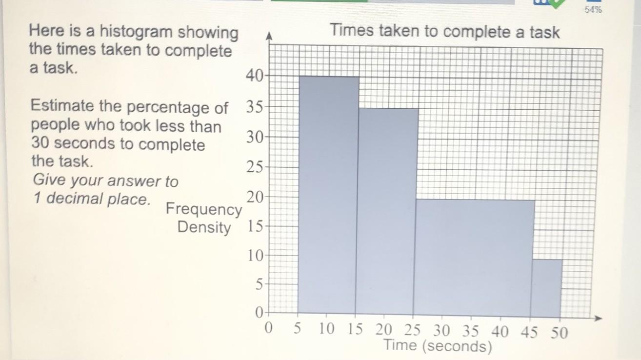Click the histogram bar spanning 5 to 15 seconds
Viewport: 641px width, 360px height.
tap(328, 195)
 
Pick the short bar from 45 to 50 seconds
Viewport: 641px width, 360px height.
tap(546, 288)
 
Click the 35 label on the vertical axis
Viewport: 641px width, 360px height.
tap(254, 106)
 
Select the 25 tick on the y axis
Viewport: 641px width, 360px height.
tap(254, 167)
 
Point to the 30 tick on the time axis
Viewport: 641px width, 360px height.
tap(442, 332)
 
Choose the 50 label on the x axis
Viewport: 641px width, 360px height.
tap(559, 333)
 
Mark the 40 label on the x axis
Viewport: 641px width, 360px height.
tap(500, 332)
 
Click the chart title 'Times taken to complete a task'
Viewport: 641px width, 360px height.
tap(445, 32)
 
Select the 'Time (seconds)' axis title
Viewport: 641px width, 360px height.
tap(437, 346)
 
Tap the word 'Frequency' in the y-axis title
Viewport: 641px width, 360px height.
tap(203, 209)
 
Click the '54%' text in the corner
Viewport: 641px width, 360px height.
tap(593, 10)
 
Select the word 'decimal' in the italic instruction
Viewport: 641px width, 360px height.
tap(75, 199)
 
